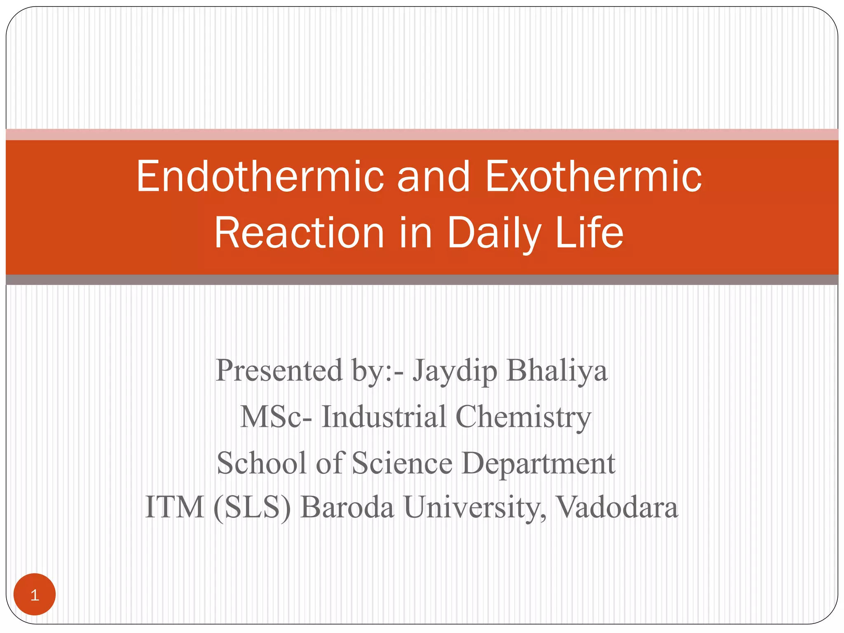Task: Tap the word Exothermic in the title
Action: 594,176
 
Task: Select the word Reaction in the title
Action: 299,233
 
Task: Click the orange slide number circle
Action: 35,595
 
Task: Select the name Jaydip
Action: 455,371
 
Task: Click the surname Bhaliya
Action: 557,371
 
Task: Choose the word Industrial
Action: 384,417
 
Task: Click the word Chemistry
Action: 523,417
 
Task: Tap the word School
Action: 262,463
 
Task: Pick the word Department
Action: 538,464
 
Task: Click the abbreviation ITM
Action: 175,507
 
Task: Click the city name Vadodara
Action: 617,507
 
